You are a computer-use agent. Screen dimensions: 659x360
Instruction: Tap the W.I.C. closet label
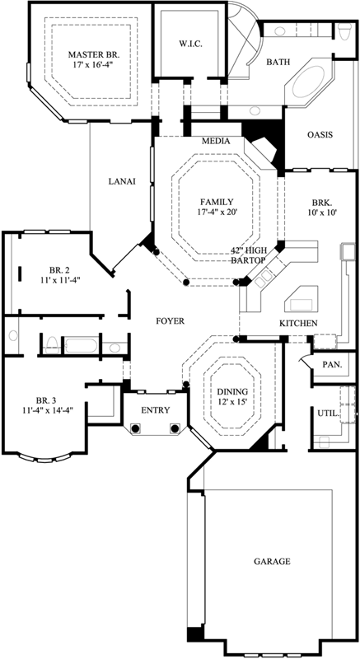pos(190,43)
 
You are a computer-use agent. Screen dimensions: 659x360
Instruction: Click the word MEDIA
pos(215,141)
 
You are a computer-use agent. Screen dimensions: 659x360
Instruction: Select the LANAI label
pos(120,182)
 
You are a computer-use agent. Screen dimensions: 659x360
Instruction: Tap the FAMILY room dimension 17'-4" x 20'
pos(217,213)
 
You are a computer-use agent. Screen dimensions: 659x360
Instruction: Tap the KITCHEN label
pos(297,323)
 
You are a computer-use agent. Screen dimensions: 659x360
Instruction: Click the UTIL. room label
pos(326,414)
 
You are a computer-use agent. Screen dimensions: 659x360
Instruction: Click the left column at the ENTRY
pos(137,428)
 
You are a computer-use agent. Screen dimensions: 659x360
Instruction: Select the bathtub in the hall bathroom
pos(82,344)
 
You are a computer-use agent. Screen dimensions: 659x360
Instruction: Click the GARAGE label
pos(271,562)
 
